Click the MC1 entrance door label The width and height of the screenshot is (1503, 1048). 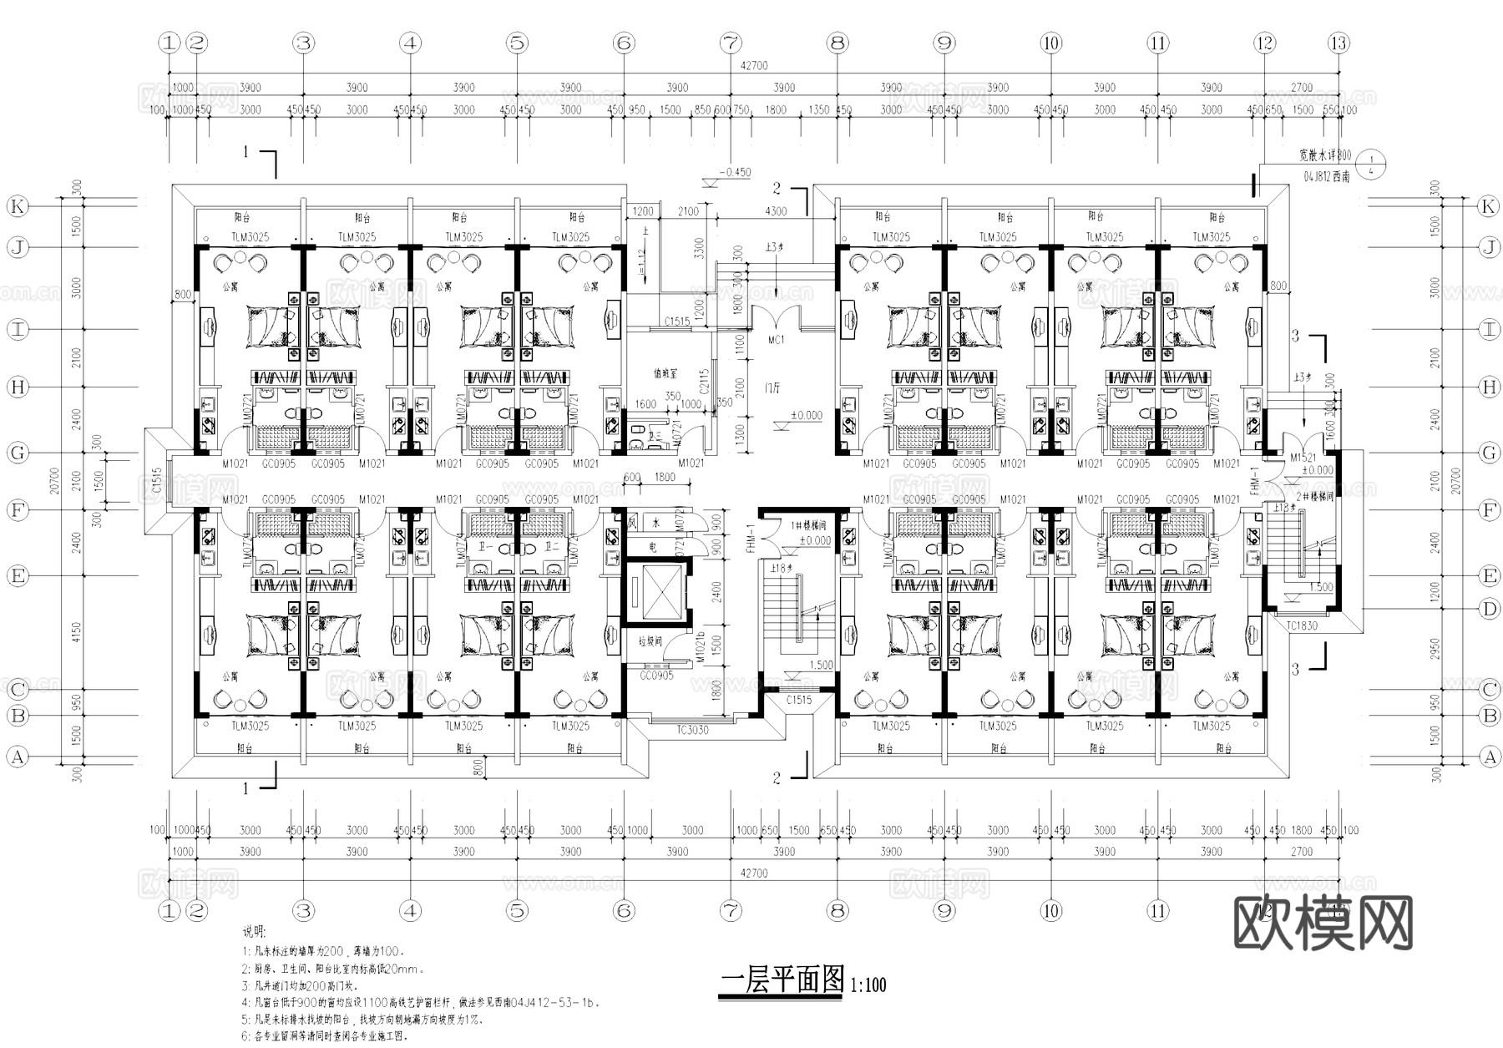[776, 340]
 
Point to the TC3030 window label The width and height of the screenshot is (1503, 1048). [692, 730]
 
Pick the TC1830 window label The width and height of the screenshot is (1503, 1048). [1302, 625]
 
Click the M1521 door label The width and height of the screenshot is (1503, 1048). [1303, 458]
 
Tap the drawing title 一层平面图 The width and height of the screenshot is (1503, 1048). [782, 980]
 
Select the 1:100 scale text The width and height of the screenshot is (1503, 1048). [868, 985]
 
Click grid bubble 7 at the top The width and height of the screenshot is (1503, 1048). [731, 43]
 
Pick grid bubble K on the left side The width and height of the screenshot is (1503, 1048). [18, 206]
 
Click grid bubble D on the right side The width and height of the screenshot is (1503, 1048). [1489, 609]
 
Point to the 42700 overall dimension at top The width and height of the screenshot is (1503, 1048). [754, 65]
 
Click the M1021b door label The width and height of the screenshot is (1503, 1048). [701, 648]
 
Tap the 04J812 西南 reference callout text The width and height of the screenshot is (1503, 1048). [1326, 177]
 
